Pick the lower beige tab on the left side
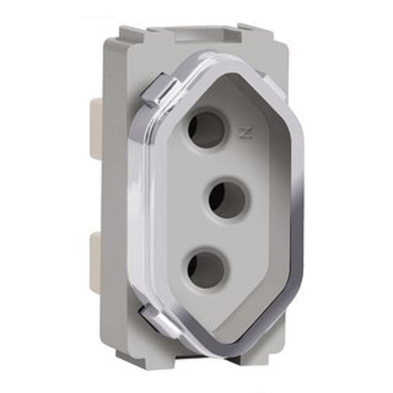97,262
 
